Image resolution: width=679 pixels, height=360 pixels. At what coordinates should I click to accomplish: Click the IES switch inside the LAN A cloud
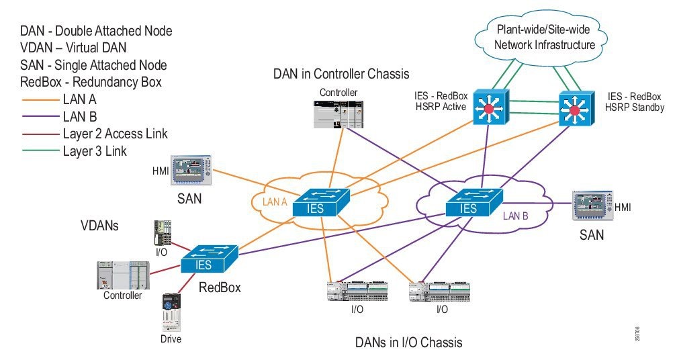coord(315,204)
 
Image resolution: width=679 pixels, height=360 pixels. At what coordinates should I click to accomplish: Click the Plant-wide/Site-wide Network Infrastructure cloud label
coord(545,38)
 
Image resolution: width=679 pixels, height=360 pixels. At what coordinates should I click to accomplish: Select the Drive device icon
coord(171,313)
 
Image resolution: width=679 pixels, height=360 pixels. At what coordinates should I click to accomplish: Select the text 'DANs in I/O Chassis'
coord(408,343)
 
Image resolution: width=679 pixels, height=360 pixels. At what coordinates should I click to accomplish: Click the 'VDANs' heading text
coord(99,226)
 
